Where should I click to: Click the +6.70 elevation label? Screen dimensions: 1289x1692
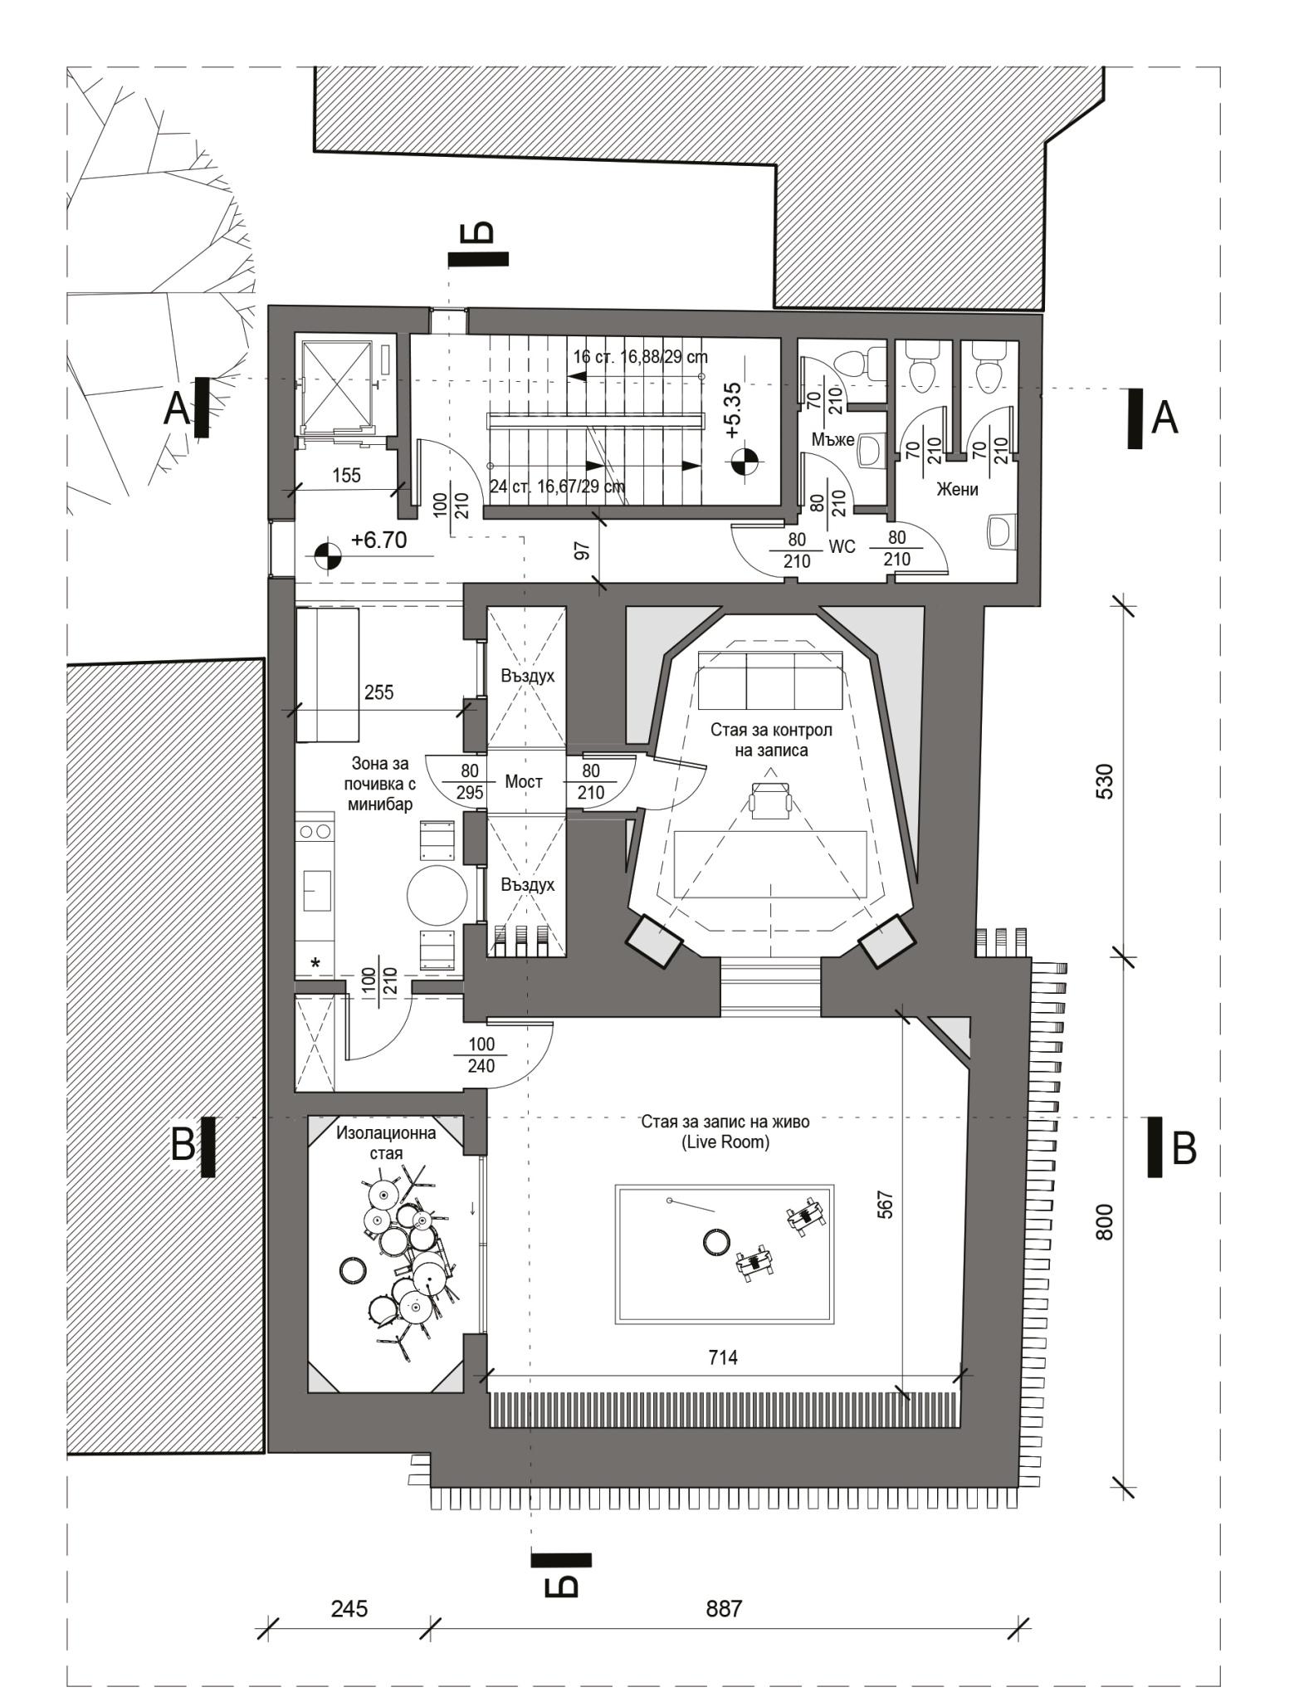coord(378,540)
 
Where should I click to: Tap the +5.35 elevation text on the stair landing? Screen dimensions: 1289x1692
coord(733,410)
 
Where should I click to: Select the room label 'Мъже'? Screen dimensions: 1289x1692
coord(833,439)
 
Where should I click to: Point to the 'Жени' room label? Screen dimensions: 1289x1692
coord(957,489)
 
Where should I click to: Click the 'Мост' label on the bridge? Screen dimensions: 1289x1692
coord(524,781)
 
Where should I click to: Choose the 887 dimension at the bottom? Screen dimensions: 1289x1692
coord(724,1609)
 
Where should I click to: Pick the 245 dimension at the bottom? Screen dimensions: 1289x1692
coord(349,1609)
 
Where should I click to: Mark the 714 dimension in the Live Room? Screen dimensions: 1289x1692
coord(723,1357)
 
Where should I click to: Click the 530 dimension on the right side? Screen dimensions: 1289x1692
coord(1105,780)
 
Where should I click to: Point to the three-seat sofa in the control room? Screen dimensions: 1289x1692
coord(771,679)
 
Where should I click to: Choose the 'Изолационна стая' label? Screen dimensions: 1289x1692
coord(386,1142)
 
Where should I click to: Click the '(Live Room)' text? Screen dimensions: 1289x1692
coord(725,1142)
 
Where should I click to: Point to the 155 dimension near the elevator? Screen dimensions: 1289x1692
coord(346,475)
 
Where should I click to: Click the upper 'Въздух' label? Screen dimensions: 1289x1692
coord(527,675)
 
